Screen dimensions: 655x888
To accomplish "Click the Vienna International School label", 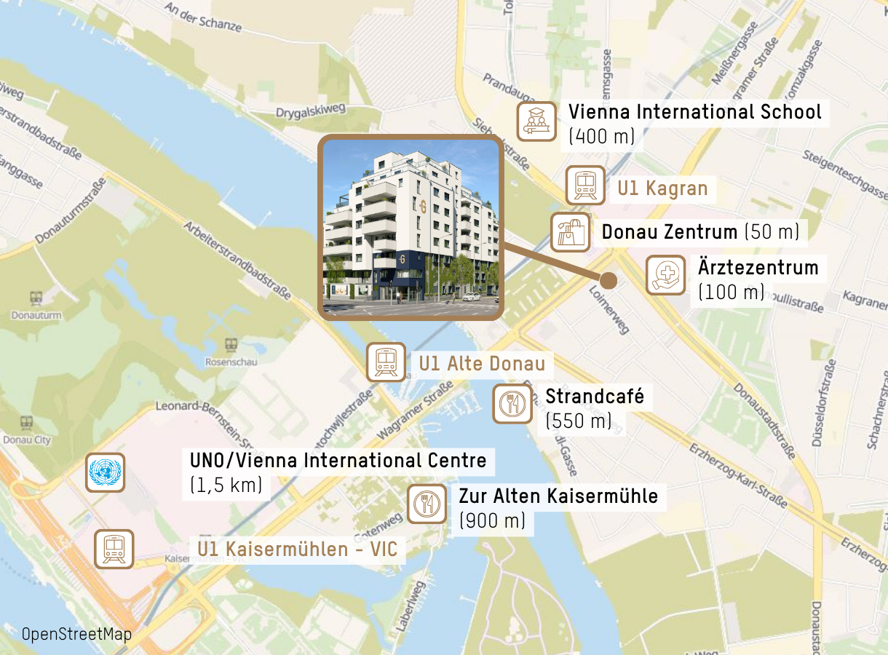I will click(694, 113).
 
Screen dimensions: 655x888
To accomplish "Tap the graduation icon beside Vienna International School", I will click(536, 122).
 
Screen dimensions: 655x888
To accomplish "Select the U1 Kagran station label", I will click(662, 189).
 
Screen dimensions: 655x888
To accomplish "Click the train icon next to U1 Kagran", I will click(586, 185).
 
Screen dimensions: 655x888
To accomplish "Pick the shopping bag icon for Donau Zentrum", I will click(570, 232).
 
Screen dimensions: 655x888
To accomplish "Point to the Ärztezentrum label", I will click(758, 268).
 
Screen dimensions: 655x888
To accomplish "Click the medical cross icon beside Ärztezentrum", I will click(665, 274).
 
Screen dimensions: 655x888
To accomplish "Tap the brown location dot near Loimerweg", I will click(608, 280).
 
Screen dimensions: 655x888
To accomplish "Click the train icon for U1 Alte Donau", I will click(386, 362).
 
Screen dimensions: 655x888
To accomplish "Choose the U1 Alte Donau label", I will click(482, 363).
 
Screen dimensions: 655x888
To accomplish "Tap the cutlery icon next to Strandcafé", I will click(512, 404).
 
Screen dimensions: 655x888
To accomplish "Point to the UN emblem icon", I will click(106, 472).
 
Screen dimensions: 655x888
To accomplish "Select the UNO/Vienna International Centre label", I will click(338, 461).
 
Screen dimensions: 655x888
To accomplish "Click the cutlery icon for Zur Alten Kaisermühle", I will click(427, 504).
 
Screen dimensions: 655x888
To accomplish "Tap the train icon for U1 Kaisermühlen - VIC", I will click(114, 549).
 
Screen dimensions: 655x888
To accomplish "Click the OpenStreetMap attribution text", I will click(76, 634).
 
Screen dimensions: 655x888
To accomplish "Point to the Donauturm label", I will click(36, 315).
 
